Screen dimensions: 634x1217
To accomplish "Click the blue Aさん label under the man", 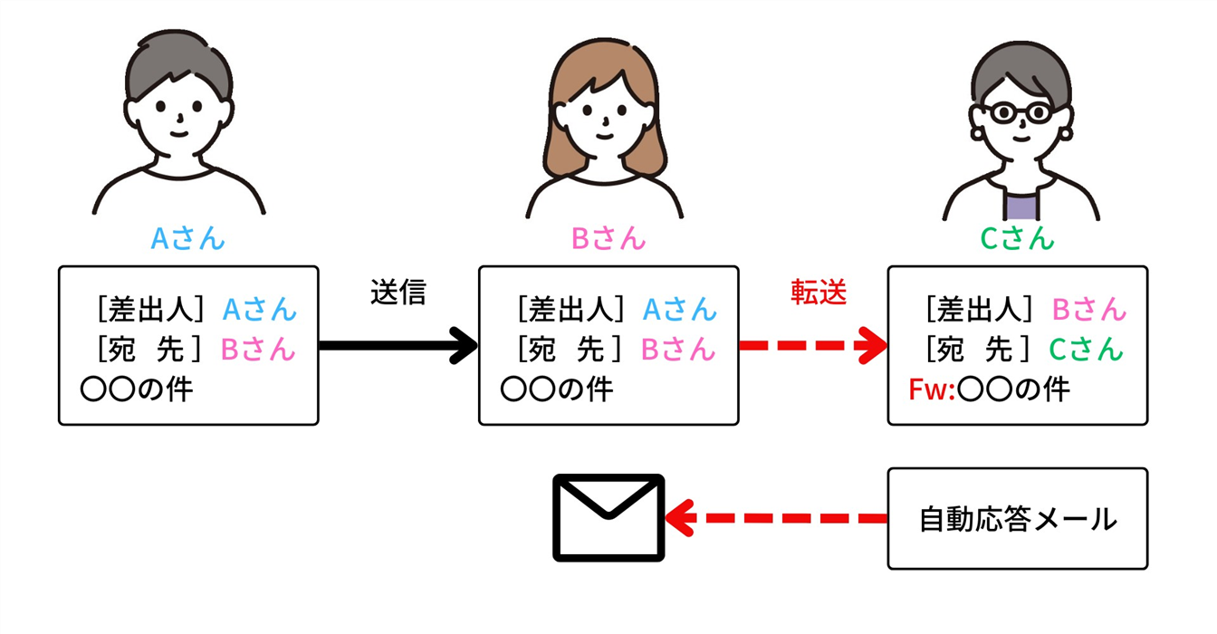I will click(x=187, y=238).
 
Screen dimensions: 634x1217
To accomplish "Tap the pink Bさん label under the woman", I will click(x=608, y=238).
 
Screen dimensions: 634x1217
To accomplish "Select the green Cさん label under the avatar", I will click(x=1017, y=238).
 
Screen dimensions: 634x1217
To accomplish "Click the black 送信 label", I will click(x=398, y=292).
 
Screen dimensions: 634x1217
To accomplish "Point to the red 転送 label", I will click(x=819, y=292).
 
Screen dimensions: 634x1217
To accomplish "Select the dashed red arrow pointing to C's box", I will click(x=813, y=346).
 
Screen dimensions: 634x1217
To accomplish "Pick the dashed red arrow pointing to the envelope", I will click(x=776, y=519).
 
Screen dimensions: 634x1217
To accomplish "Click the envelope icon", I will click(x=608, y=518).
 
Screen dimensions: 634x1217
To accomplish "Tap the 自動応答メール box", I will click(x=1017, y=519).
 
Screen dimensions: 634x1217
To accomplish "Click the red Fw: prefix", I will click(x=932, y=390).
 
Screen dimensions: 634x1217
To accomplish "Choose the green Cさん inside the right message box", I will click(x=1087, y=349).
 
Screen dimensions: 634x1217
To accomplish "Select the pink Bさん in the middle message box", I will click(x=678, y=349).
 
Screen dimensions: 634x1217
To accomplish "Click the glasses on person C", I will click(x=1019, y=113).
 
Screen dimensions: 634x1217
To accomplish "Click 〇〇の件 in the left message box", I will click(x=137, y=390).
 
